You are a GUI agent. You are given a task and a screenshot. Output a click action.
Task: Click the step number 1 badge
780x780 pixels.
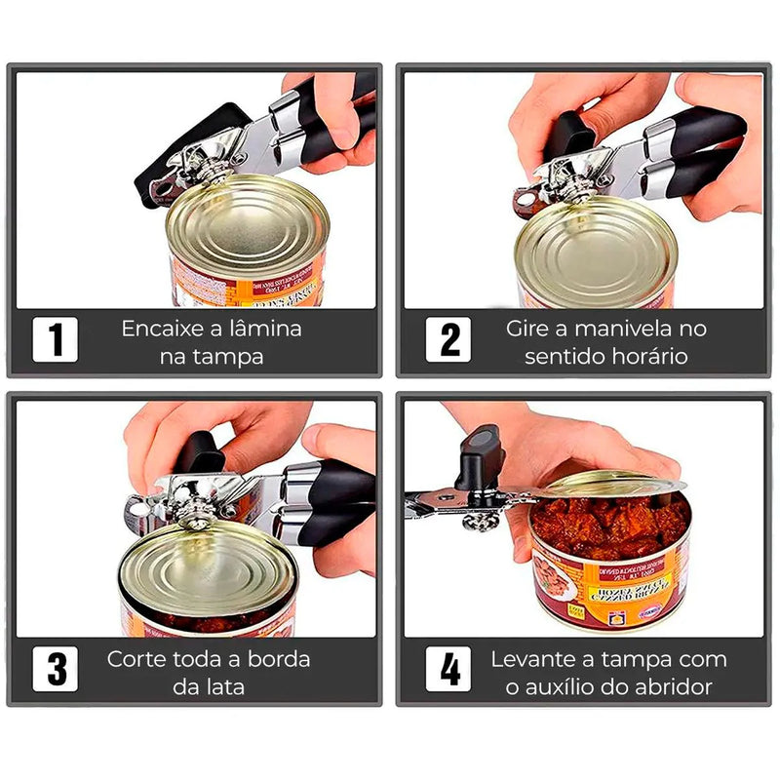coord(56,340)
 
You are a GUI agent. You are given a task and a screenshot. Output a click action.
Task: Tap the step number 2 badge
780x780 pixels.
coord(449,340)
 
